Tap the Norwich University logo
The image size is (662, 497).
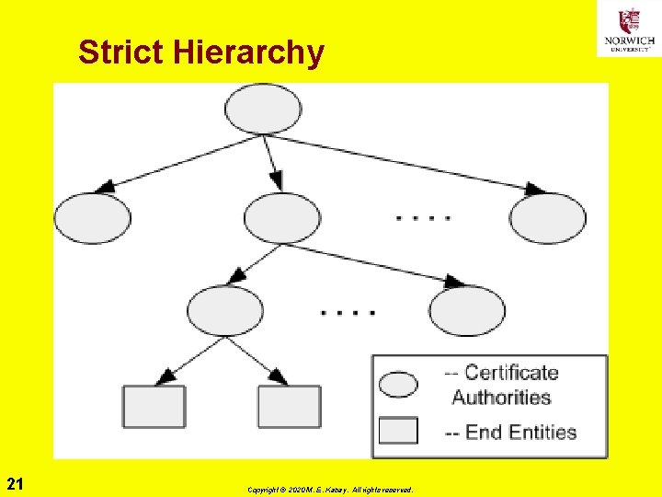629,28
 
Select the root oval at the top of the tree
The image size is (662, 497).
263,109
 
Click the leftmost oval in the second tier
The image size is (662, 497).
93,219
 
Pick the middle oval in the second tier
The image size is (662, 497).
282,219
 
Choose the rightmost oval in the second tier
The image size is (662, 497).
548,219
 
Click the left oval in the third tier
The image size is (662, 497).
225,310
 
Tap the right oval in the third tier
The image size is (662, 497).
467,311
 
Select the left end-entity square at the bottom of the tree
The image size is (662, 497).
154,407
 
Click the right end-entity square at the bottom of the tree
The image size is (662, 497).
289,407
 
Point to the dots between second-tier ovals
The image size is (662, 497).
423,219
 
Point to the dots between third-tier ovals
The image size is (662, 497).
348,312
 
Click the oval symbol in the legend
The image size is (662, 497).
398,383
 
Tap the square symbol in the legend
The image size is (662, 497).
398,431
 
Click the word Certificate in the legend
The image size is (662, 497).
511,373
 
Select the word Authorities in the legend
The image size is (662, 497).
501,398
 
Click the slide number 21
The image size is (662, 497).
15,484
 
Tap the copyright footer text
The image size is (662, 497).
329,490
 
